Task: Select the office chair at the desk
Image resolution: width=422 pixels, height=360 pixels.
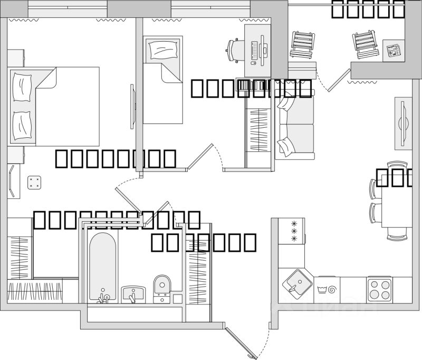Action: (235, 50)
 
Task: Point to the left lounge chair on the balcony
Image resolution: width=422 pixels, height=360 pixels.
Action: (303, 44)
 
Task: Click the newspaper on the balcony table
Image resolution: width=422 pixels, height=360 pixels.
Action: (392, 50)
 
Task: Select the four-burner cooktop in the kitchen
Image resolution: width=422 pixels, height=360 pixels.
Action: (379, 289)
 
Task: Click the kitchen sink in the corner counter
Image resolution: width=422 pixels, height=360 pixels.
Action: (296, 282)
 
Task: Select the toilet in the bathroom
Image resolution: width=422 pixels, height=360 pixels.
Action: (161, 288)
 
